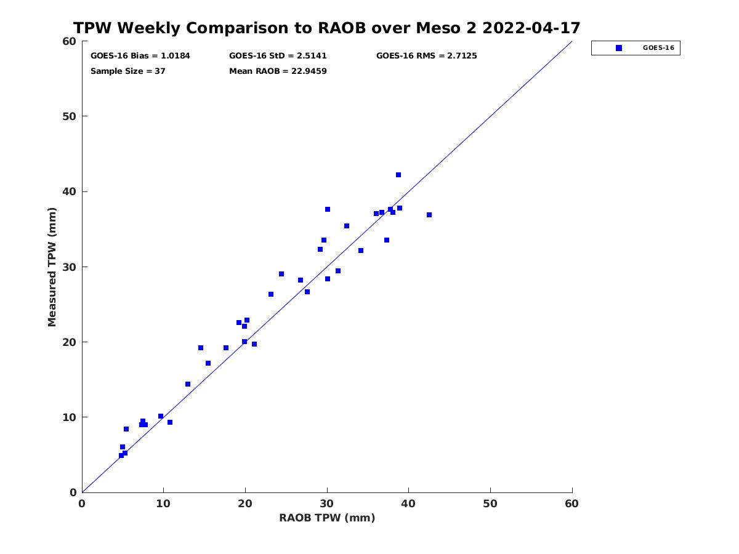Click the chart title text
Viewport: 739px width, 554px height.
point(326,28)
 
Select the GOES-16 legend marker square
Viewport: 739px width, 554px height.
point(618,48)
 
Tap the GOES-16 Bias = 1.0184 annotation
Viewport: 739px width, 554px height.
point(140,56)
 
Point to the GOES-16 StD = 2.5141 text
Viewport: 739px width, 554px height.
point(278,56)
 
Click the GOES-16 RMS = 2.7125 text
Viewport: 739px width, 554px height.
point(426,56)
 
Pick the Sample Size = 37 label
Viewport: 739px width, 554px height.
point(128,71)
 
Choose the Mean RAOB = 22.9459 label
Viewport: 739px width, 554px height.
point(278,71)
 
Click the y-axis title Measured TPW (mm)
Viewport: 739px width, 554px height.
point(52,267)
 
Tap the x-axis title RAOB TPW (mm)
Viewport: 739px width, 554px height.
point(327,518)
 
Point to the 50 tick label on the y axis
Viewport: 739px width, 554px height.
point(70,116)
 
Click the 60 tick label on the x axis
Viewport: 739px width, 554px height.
point(571,504)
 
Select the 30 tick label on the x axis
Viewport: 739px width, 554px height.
point(326,504)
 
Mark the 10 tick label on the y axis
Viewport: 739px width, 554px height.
point(70,417)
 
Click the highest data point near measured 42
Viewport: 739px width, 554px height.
point(398,175)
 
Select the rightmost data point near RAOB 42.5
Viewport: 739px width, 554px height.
point(429,215)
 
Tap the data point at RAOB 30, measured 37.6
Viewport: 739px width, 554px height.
point(327,209)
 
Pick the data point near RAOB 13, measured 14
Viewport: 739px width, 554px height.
point(188,384)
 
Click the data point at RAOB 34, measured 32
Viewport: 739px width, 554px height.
point(361,251)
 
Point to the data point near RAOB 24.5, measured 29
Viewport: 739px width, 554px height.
point(281,274)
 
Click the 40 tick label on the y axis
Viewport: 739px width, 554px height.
point(70,191)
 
